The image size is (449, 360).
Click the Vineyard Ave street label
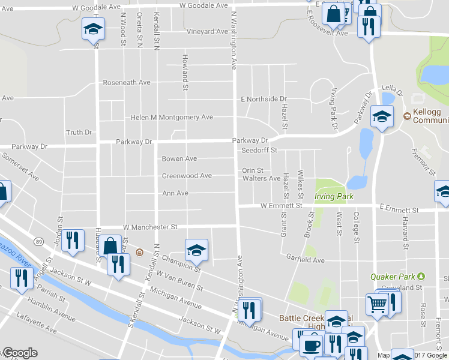point(208,31)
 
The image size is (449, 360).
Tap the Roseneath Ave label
point(127,82)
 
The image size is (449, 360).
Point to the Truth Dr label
point(79,133)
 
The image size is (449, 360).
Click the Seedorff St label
point(259,150)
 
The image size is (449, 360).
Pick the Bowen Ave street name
point(179,159)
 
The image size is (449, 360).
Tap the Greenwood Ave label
point(187,176)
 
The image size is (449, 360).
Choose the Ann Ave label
point(175,193)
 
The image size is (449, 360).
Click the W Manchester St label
point(151,227)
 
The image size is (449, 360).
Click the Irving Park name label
point(334,196)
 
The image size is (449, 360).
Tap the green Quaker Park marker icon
point(421,276)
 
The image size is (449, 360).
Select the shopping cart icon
point(378,305)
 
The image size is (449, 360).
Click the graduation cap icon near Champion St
point(196,250)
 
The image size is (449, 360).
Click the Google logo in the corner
point(20,353)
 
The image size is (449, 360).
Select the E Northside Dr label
point(264,99)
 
